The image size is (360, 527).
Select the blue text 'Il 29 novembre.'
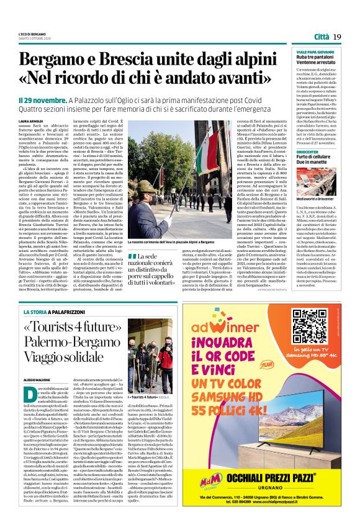(x=42, y=100)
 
